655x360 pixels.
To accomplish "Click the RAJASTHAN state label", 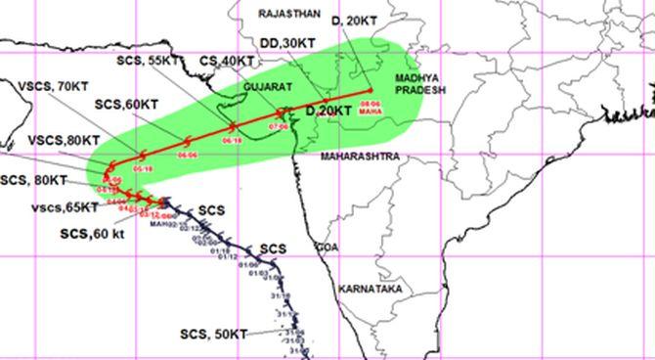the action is pos(291,14).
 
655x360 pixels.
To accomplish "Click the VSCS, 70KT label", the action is pos(55,86).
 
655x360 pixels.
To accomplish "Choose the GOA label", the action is pos(325,248).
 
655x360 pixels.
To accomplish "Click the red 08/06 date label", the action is pos(371,102).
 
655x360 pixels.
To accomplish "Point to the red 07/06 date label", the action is pos(278,126).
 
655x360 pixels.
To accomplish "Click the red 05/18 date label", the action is pos(143,169).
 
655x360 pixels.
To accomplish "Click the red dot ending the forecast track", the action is pos(371,92).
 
